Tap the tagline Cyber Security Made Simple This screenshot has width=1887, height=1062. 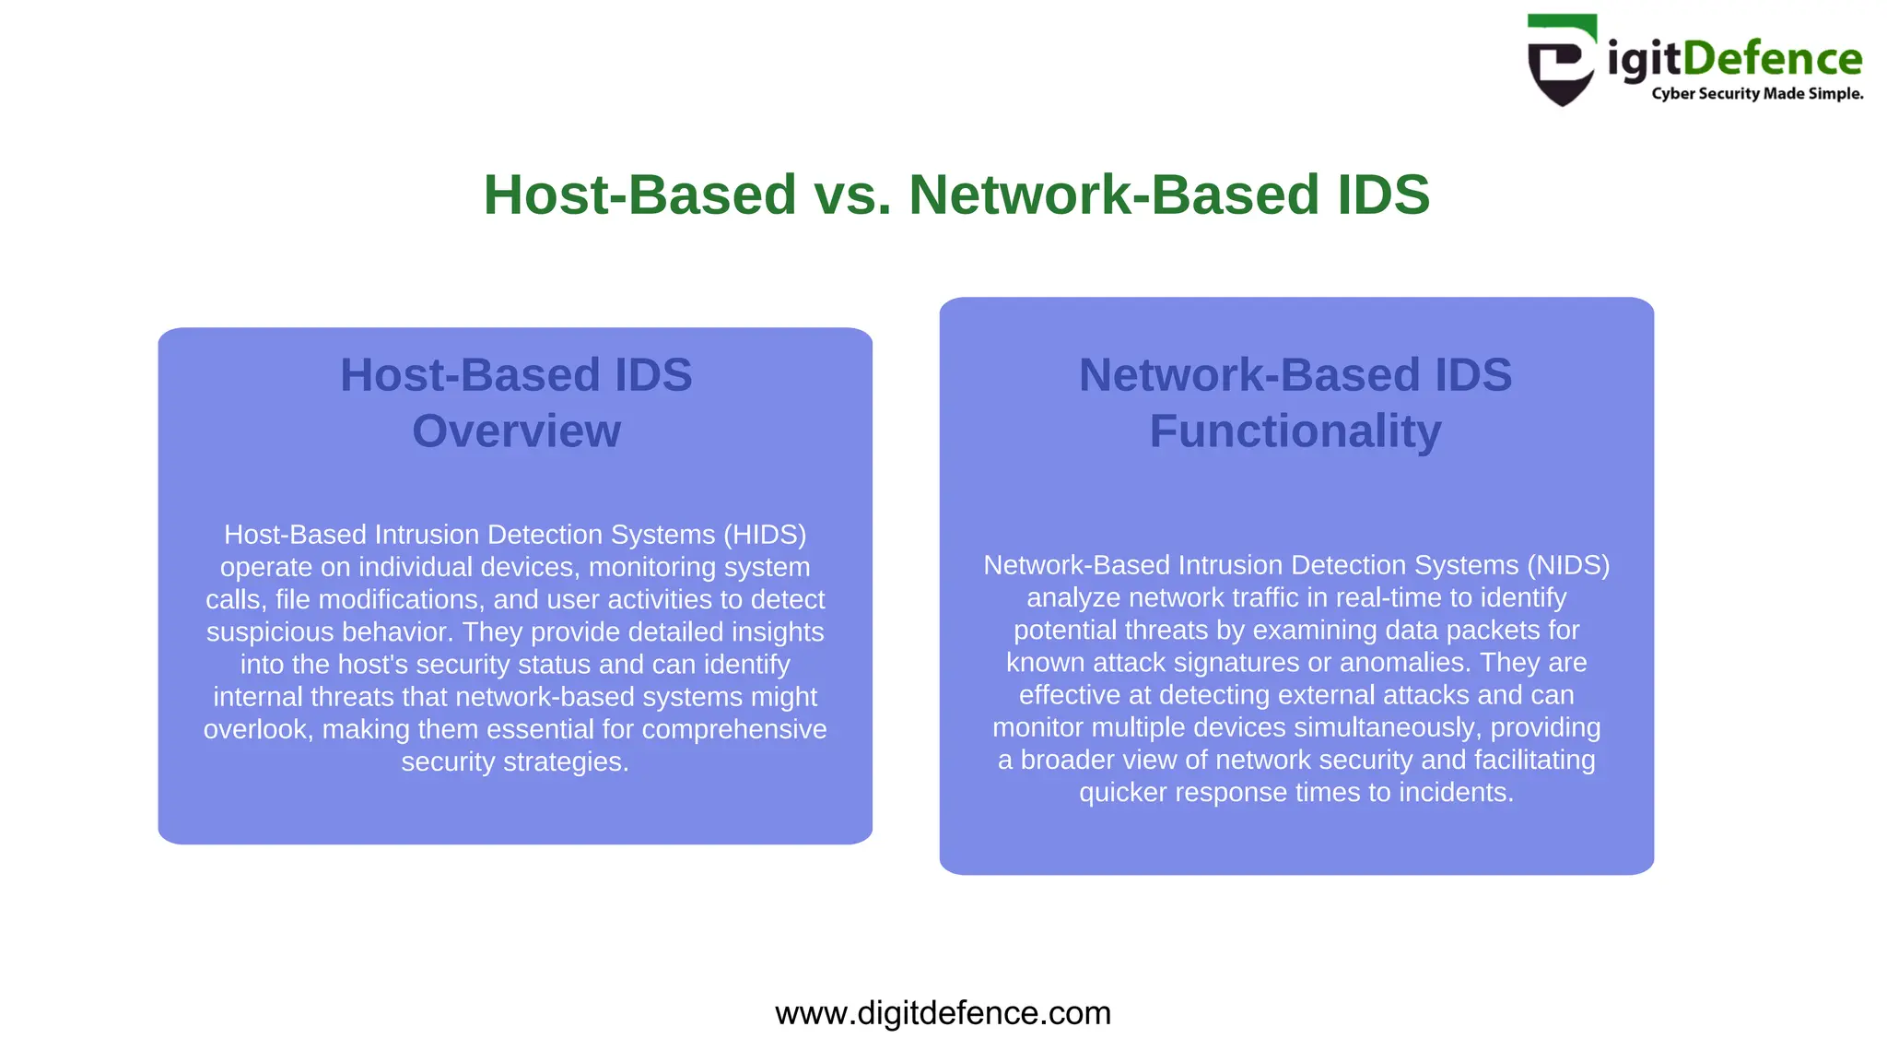coord(1757,94)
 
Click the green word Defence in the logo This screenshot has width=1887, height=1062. coord(1773,59)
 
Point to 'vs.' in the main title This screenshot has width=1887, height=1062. coord(852,195)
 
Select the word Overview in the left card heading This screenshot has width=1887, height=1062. coord(516,431)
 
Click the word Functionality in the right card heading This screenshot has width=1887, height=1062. coord(1295,431)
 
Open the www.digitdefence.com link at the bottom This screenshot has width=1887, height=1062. coord(943,1013)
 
